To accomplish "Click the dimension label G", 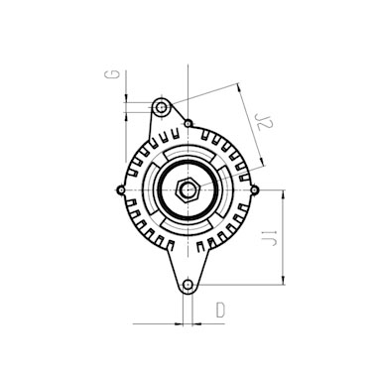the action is click(112, 74).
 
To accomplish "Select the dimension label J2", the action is click(265, 122).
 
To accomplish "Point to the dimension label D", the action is click(220, 310).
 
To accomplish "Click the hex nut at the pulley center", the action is click(188, 189).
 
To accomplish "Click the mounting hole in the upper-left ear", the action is click(162, 107).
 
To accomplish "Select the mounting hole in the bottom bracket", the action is click(188, 285).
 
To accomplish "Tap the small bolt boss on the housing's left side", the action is click(121, 189).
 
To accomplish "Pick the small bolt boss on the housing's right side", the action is click(254, 189).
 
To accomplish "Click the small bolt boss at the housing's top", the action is click(188, 123).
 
